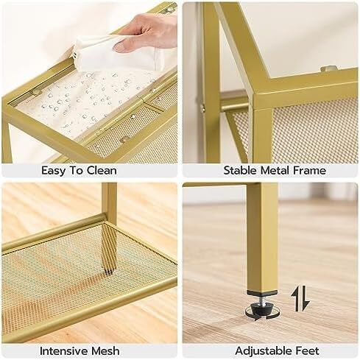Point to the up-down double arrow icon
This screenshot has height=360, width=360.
tap(300, 298)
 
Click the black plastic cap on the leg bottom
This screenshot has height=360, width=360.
tap(262, 292)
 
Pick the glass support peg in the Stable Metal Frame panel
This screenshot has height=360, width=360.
tap(328, 68)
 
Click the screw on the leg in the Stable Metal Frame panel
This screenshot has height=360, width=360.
tap(202, 107)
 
